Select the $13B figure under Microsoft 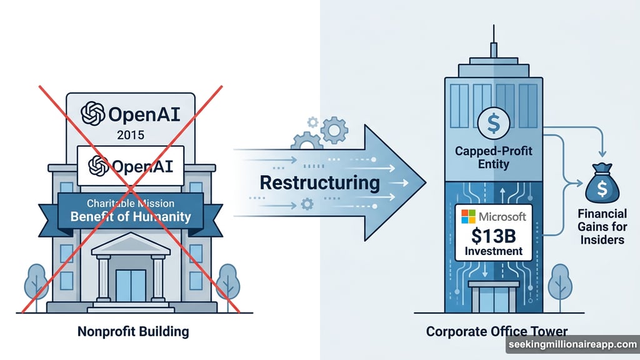tap(493, 236)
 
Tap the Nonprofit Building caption tap(132, 331)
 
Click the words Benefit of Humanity tap(131, 217)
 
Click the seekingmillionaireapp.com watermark tap(571, 346)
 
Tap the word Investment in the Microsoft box tap(493, 252)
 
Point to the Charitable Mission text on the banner tap(131, 203)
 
